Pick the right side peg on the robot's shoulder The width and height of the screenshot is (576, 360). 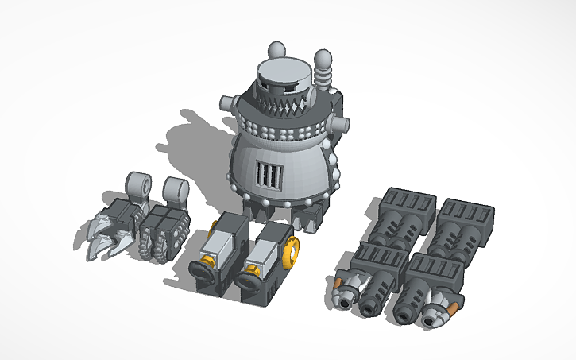pyautogui.click(x=342, y=125)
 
